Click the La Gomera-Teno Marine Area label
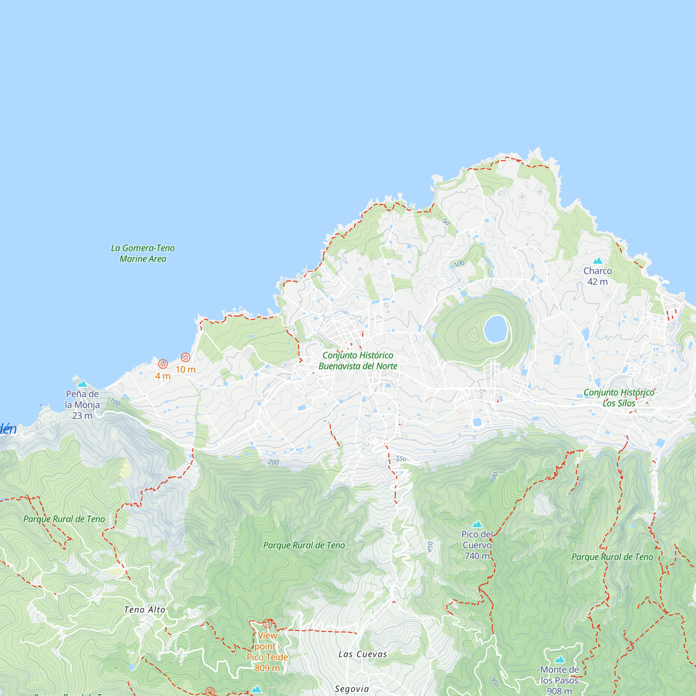[x=143, y=253]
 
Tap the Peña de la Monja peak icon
[x=82, y=383]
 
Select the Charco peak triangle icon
[x=598, y=260]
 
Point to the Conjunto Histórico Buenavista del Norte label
[x=358, y=361]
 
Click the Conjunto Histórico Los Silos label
[x=619, y=398]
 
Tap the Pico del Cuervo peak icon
[x=477, y=524]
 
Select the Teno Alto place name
[x=144, y=610]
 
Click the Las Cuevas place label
[x=362, y=654]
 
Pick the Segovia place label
[x=352, y=689]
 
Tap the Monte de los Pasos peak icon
[x=560, y=659]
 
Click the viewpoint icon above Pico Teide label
[x=267, y=623]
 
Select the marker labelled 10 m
[x=185, y=357]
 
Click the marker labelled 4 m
[x=163, y=364]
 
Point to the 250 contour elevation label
[x=401, y=459]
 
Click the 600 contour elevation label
[x=494, y=477]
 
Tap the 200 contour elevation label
[x=274, y=462]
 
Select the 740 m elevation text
[x=477, y=556]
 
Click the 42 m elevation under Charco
[x=598, y=282]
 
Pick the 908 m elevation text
[x=560, y=691]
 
